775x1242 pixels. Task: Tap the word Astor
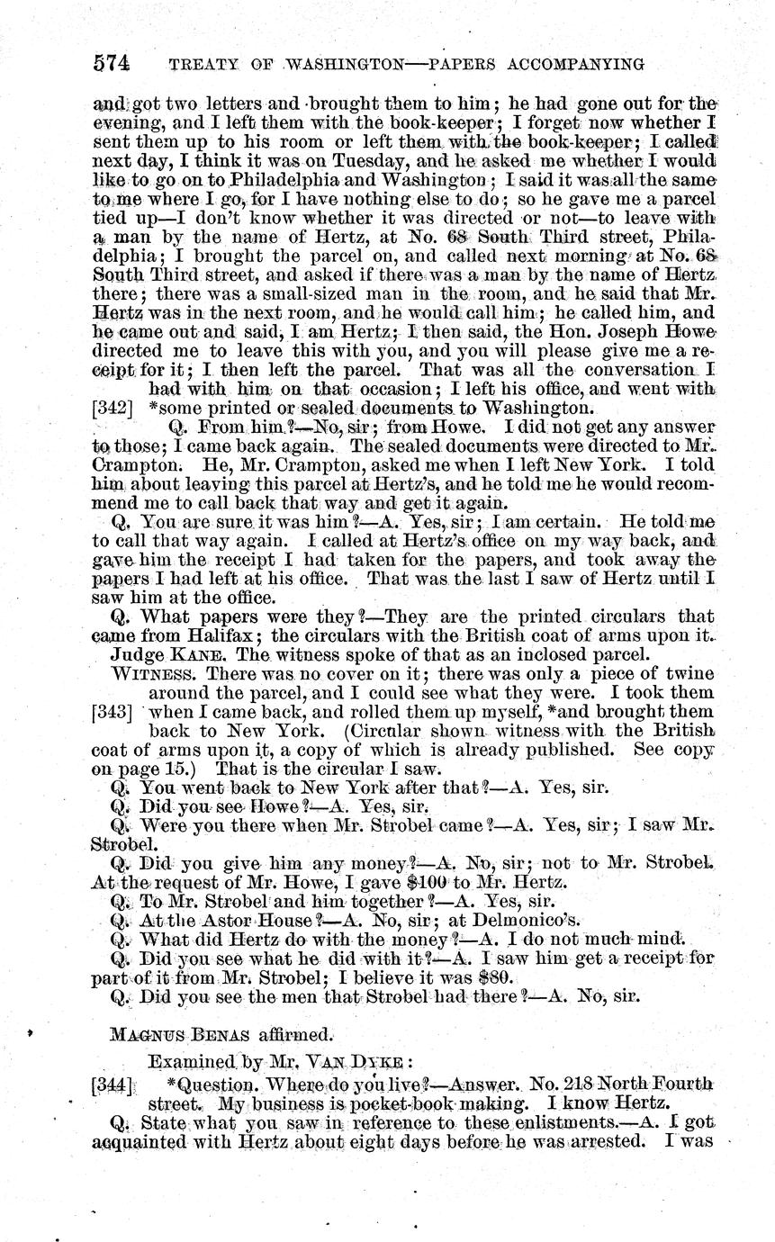(x=203, y=921)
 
